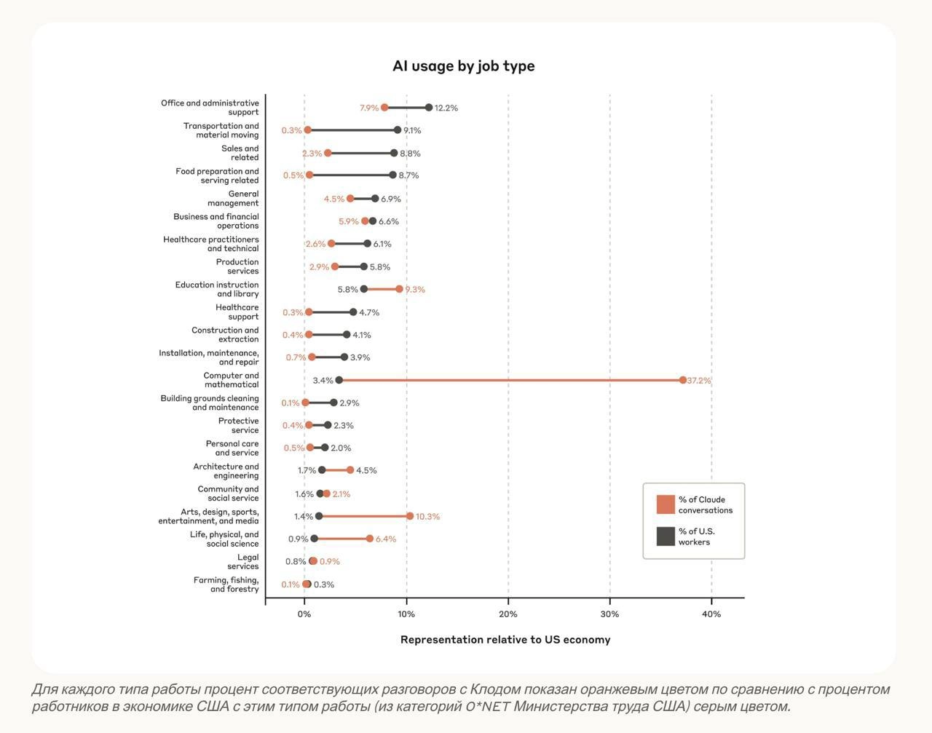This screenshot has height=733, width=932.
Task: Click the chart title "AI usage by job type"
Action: pyautogui.click(x=463, y=66)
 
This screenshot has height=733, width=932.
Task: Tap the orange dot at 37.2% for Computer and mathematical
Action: pyautogui.click(x=683, y=380)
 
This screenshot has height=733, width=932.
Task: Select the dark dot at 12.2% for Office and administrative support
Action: pyautogui.click(x=429, y=108)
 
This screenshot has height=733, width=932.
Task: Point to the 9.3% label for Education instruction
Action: pyautogui.click(x=415, y=290)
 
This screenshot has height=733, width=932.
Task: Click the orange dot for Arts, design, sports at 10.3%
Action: pyautogui.click(x=410, y=516)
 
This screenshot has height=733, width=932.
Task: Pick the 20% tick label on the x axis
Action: pyautogui.click(x=508, y=614)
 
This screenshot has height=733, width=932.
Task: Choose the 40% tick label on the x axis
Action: pyautogui.click(x=711, y=614)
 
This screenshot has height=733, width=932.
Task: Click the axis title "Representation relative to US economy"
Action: pyautogui.click(x=505, y=640)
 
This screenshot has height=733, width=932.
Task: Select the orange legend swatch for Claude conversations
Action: pyautogui.click(x=666, y=504)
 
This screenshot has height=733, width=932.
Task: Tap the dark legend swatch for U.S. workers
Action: pyautogui.click(x=666, y=536)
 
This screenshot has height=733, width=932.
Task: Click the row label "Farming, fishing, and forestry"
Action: pyautogui.click(x=226, y=585)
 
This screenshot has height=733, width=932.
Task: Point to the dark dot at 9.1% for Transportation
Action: pyautogui.click(x=398, y=130)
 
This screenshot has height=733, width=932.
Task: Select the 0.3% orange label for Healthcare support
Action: pyautogui.click(x=293, y=313)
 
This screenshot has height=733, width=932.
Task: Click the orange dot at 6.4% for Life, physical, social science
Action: pyautogui.click(x=370, y=539)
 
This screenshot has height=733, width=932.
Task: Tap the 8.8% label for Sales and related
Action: pyautogui.click(x=410, y=154)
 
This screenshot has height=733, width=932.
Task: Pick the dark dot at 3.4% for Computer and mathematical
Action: pyautogui.click(x=339, y=380)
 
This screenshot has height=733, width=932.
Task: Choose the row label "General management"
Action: pyautogui.click(x=233, y=199)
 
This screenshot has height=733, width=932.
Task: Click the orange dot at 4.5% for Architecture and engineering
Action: pyautogui.click(x=350, y=470)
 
